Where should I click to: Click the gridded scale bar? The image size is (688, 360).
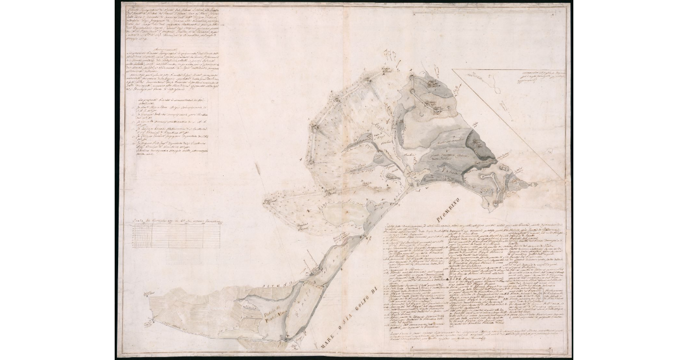point(175,235)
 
